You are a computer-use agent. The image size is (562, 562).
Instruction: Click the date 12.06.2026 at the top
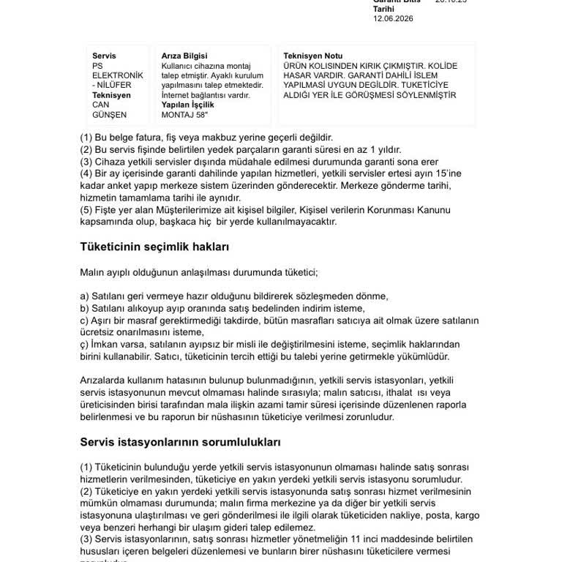tap(393, 18)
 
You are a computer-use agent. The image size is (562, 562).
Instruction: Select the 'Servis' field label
tap(104, 56)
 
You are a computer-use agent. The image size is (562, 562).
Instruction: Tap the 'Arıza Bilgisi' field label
tap(184, 56)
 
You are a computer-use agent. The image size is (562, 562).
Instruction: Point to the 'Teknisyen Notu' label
tap(312, 56)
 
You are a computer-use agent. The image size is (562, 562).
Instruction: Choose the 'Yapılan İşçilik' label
tap(187, 105)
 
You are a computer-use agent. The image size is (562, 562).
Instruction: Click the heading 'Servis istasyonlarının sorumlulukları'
tap(180, 442)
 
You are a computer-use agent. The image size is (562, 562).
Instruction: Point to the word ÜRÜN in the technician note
tap(294, 66)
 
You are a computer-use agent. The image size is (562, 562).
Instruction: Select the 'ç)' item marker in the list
tap(85, 344)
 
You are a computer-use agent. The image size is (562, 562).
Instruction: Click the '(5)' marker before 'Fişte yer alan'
tap(86, 210)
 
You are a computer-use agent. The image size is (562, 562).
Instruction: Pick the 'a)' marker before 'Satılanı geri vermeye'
tap(84, 296)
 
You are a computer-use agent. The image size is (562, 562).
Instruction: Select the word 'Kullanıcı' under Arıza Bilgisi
tap(178, 66)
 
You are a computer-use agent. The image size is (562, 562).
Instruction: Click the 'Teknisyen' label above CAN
tap(111, 95)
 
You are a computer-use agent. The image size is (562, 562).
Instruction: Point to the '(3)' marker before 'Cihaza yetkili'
tap(86, 161)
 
